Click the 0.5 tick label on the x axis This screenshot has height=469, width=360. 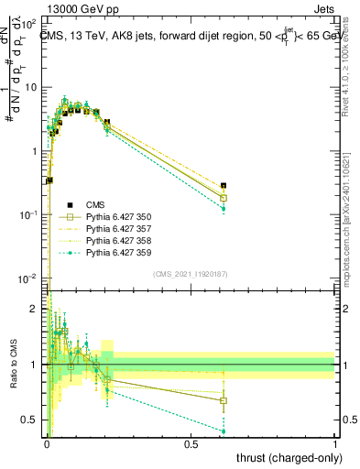click(x=191, y=442)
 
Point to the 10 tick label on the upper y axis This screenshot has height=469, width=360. click(x=30, y=87)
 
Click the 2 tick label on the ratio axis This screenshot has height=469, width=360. click(x=35, y=309)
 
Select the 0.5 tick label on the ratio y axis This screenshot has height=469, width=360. click(x=30, y=420)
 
